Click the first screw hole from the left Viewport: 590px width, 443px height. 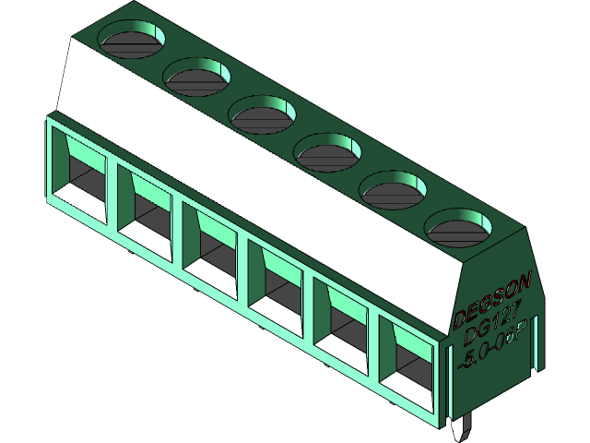(x=131, y=40)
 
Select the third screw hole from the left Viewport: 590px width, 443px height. (x=262, y=113)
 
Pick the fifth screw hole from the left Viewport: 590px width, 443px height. (x=394, y=189)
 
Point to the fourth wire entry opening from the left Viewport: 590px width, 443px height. (x=277, y=284)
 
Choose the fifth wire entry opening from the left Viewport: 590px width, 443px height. (x=344, y=322)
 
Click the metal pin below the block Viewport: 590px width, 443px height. (x=465, y=428)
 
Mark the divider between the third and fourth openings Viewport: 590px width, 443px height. (x=244, y=273)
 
